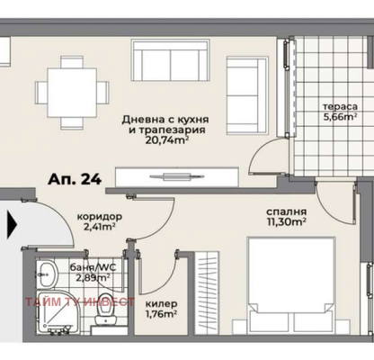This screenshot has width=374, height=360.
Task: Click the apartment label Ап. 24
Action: pyautogui.click(x=75, y=179)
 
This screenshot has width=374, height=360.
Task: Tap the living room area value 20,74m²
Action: pyautogui.click(x=166, y=140)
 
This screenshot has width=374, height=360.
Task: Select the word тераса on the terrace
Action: pyautogui.click(x=340, y=107)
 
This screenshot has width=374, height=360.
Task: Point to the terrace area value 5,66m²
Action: pyautogui.click(x=340, y=117)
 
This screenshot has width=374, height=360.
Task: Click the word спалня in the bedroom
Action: pyautogui.click(x=286, y=211)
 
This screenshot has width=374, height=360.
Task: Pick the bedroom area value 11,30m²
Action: pyautogui.click(x=286, y=222)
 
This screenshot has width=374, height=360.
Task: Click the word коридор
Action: pyautogui.click(x=100, y=217)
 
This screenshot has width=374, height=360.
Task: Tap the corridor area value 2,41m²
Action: pyautogui.click(x=100, y=227)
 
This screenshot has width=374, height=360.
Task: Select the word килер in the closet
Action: pyautogui.click(x=161, y=304)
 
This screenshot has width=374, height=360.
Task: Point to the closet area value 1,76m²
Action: pyautogui.click(x=161, y=314)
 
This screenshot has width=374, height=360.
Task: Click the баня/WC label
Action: pyautogui.click(x=93, y=267)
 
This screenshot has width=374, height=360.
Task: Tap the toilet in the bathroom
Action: pyautogui.click(x=105, y=310)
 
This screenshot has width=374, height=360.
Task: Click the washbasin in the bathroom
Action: pyautogui.click(x=47, y=274)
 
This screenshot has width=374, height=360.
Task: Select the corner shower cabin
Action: pyautogui.click(x=57, y=311)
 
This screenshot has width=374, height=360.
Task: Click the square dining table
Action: pyautogui.click(x=72, y=93)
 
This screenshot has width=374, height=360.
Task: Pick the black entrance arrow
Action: pyautogui.click(x=12, y=225)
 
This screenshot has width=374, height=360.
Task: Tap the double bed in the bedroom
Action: pyautogui.click(x=290, y=285)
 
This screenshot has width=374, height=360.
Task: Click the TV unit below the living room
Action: pyautogui.click(x=177, y=177)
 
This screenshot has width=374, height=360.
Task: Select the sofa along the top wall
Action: pyautogui.click(x=170, y=60)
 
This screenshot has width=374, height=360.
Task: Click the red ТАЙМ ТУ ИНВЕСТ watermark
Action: pyautogui.click(x=80, y=301)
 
